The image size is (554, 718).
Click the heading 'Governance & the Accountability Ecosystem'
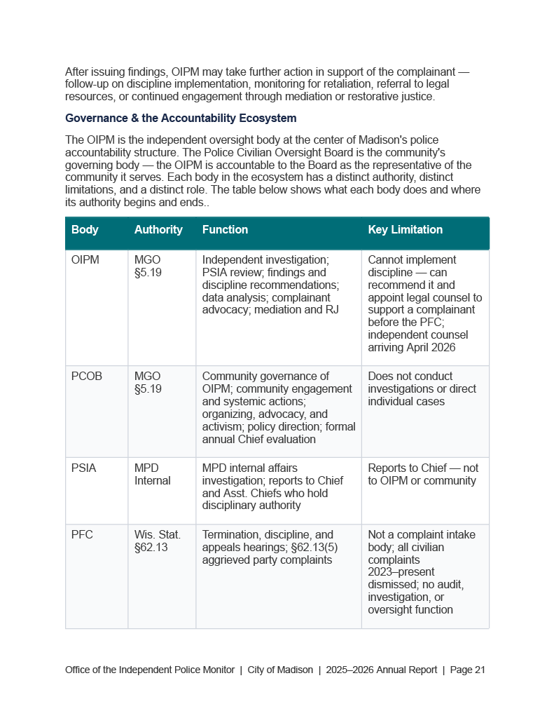181,118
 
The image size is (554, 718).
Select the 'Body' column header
85,230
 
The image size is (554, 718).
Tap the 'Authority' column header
158,230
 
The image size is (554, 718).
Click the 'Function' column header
225,230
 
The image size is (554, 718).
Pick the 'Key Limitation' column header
405,230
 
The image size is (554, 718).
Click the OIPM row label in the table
85,260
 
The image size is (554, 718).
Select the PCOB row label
87,377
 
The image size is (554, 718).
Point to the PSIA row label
84,468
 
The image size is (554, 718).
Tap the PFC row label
82,535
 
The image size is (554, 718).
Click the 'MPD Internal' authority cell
152,475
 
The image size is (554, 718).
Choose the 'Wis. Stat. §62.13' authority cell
151,541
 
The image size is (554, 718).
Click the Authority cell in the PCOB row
148,383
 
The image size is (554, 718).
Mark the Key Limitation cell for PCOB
422,389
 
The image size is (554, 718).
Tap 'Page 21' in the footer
468,670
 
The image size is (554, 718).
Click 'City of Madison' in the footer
280,670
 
